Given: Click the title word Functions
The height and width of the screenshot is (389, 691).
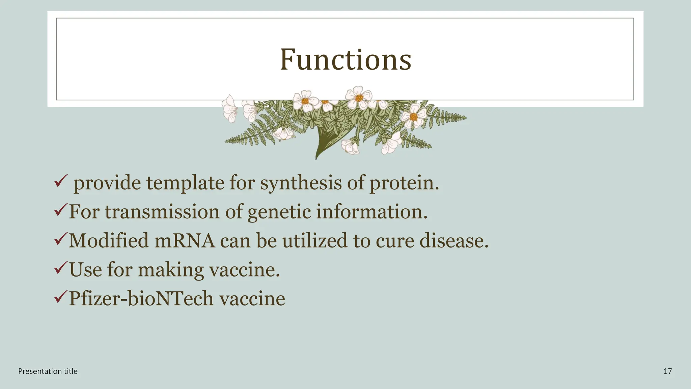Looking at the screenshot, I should (x=345, y=60).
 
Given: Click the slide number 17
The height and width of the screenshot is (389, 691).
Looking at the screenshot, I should (x=667, y=371).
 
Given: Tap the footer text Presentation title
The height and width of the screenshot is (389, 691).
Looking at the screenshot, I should (x=48, y=371).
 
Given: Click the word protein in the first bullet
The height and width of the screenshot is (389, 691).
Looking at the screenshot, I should (x=404, y=183).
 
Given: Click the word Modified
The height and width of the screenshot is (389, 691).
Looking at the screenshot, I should (x=109, y=241).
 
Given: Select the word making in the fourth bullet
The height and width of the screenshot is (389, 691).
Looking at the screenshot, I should (x=171, y=270).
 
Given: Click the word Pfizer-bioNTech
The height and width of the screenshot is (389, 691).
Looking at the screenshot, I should (x=141, y=299).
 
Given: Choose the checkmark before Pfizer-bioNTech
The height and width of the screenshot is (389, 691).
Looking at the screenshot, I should (x=61, y=297).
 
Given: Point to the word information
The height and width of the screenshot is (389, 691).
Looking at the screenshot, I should (x=371, y=212).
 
